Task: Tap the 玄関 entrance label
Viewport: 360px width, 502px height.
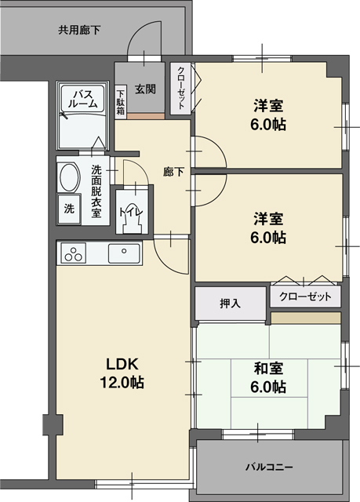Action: [144, 89]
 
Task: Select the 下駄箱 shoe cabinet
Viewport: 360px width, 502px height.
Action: [121, 100]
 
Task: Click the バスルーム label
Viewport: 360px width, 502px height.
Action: [85, 99]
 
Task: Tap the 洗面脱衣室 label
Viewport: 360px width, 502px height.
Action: [96, 191]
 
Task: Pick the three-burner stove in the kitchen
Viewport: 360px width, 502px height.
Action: [75, 254]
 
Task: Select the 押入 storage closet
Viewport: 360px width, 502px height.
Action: [230, 302]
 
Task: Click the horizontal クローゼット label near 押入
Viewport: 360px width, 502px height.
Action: [305, 297]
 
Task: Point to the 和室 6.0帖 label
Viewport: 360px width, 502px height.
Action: [268, 378]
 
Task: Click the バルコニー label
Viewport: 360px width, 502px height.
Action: [269, 467]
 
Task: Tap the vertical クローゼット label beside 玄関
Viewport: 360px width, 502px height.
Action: [180, 87]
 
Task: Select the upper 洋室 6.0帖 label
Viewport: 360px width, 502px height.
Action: [268, 115]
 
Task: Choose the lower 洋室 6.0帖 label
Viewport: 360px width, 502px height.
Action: [268, 227]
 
